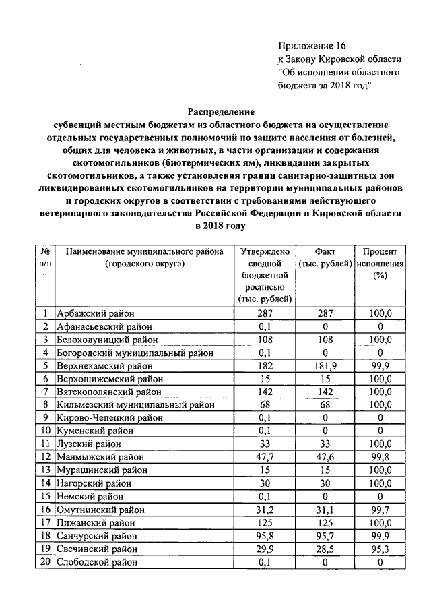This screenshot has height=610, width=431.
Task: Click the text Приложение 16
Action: pyautogui.click(x=311, y=46)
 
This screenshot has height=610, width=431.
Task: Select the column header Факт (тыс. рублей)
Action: pyautogui.click(x=326, y=257)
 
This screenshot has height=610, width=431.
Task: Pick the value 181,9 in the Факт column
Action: pyautogui.click(x=326, y=365)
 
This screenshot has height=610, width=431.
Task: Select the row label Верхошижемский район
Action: pyautogui.click(x=109, y=379)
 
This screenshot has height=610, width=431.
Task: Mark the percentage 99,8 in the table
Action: pyautogui.click(x=380, y=457)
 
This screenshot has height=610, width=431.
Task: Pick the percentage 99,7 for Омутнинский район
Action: pyautogui.click(x=380, y=510)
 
